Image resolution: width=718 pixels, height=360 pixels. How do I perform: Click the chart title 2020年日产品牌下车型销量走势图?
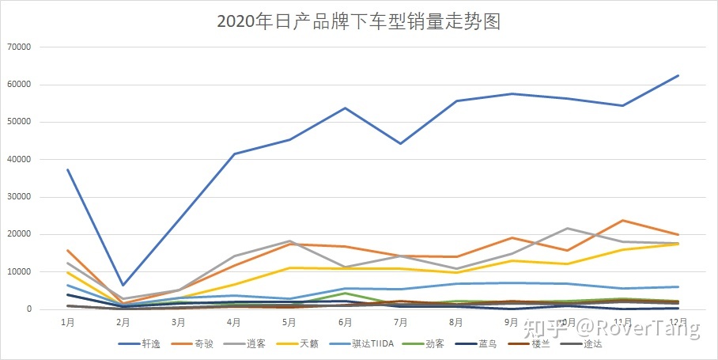(359, 21)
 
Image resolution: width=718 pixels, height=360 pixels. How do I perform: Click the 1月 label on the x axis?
(67, 323)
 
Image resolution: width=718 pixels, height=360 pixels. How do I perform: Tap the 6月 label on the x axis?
(345, 323)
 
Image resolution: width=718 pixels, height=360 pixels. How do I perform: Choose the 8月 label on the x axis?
(456, 323)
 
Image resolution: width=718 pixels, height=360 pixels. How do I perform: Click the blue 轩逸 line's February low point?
(123, 285)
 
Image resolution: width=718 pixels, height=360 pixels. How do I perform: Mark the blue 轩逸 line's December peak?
(678, 76)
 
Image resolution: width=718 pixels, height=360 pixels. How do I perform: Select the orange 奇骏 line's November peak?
(623, 221)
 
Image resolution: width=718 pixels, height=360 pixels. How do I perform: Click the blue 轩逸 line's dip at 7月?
(401, 143)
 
